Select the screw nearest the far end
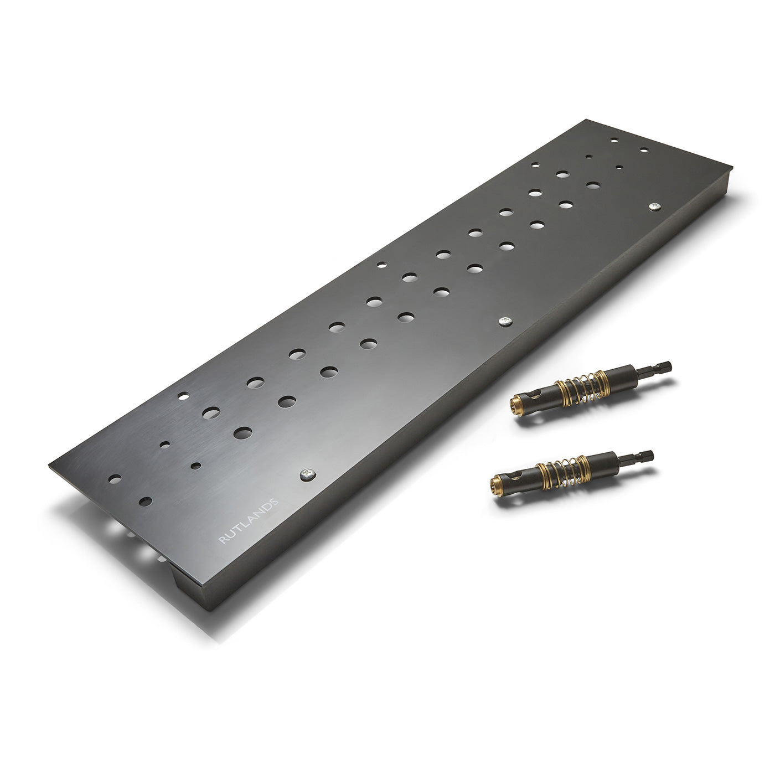coord(655,206)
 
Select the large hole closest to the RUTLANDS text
coord(242,432)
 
